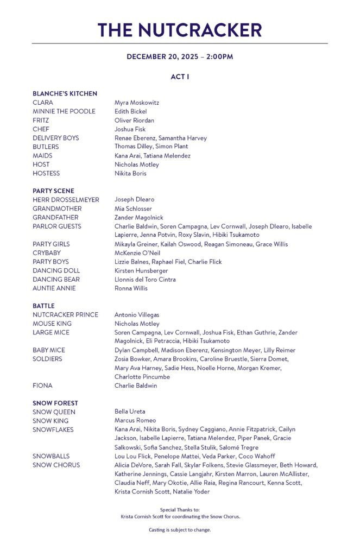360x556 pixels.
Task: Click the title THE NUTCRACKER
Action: coord(180,29)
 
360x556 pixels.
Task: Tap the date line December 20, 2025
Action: coord(180,56)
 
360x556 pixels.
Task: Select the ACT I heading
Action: coord(180,77)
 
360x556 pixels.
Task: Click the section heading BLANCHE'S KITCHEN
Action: coord(65,93)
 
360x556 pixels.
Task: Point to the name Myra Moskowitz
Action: coord(137,103)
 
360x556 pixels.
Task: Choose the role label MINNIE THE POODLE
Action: coord(64,111)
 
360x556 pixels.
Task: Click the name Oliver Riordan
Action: coord(134,120)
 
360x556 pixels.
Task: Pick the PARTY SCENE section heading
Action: coord(53,191)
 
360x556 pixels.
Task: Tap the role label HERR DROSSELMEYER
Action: coord(66,200)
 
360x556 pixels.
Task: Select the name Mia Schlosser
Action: coord(133,208)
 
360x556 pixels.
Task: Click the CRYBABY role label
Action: coord(47,253)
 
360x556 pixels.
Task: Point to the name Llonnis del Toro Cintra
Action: coord(145,280)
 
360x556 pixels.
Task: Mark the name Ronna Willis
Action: coord(131,288)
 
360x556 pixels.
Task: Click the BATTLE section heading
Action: coord(43,306)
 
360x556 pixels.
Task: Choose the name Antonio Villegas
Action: coord(137,315)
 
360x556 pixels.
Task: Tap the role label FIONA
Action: coord(42,386)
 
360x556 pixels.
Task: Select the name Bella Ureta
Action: coord(130,412)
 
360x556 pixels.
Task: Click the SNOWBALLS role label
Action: coord(51,456)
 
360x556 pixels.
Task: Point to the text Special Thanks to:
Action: coord(180,510)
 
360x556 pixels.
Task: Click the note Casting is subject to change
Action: coord(180,529)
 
